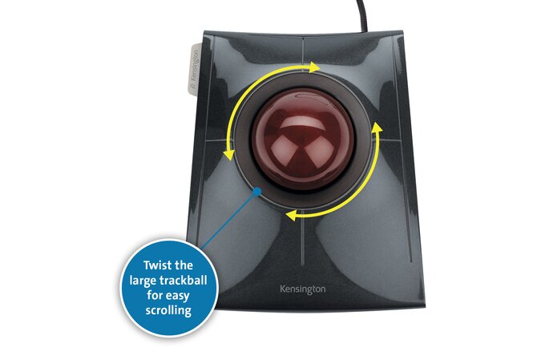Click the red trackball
coord(303,140)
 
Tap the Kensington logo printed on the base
coord(303,289)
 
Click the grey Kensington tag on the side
coord(194,68)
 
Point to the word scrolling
coord(168,310)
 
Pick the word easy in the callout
coord(177,296)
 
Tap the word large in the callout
coord(143,281)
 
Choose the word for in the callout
coord(154,295)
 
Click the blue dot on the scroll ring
coord(256,191)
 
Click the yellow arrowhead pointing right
coord(314,67)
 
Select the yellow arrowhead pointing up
coord(377,127)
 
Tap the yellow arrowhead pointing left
coord(291,215)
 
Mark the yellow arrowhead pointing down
coord(228,155)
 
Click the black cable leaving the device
coord(362,16)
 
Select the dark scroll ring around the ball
coord(243,140)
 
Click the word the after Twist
coord(184,265)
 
